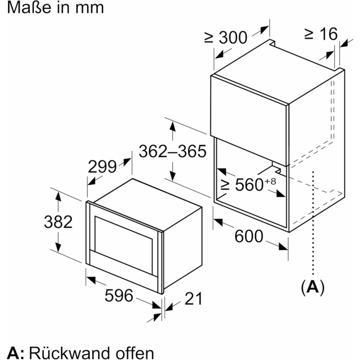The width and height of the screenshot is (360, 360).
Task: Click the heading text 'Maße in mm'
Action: tap(52, 8)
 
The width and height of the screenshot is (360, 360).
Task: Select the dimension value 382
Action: tap(57, 222)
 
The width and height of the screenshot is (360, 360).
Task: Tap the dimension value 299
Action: tap(103, 167)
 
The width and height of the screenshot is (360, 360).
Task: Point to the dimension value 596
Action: tap(119, 296)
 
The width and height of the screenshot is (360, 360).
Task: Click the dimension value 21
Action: tap(193, 298)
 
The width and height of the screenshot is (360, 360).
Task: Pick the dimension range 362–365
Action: tap(172, 151)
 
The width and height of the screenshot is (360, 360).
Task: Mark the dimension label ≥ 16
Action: tap(320, 34)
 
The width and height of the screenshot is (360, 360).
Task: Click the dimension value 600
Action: tap(249, 237)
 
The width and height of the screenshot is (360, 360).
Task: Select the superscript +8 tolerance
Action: tap(271, 179)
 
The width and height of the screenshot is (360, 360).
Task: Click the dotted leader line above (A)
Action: tap(313, 221)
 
